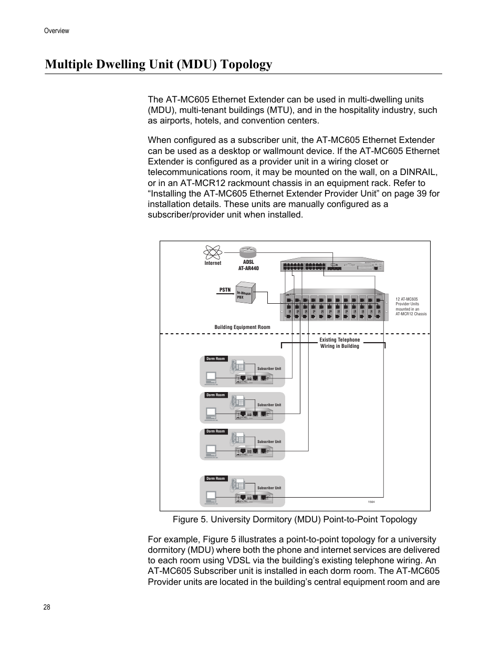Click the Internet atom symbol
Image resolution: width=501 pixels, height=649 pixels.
coord(213,252)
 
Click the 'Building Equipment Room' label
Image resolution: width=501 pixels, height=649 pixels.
coord(242,327)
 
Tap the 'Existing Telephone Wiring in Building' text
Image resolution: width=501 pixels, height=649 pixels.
coord(339,343)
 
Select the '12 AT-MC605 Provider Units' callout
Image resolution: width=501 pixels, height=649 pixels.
coord(411,306)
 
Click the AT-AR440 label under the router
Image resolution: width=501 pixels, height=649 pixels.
coord(248,268)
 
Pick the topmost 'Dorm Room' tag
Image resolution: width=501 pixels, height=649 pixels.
coord(215,359)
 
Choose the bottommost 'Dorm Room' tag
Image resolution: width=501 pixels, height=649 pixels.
coord(215,479)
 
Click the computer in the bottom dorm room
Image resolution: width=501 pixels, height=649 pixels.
coord(212,497)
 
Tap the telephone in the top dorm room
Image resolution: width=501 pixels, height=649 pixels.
coord(239,366)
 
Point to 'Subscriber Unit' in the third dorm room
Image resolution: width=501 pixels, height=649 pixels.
coord(269,442)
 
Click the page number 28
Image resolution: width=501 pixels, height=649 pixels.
coord(47,607)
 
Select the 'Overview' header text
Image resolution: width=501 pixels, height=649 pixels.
coord(57,31)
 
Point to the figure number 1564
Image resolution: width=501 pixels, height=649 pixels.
coord(371,502)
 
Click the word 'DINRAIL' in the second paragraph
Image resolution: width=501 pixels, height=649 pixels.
coord(417,172)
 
